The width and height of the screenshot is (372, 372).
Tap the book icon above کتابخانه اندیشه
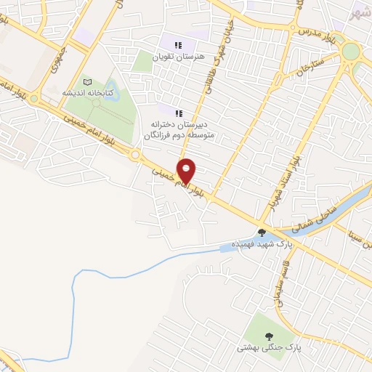[x=89, y=82]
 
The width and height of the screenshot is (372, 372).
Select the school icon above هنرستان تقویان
[x=179, y=45]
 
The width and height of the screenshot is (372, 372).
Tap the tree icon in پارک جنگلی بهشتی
[x=270, y=336]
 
